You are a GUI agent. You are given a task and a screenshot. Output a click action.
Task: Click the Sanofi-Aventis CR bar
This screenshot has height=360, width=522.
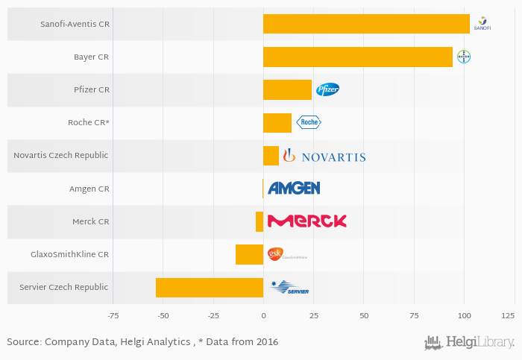(366, 24)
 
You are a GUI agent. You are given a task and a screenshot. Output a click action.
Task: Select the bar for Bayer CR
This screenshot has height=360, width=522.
(358, 57)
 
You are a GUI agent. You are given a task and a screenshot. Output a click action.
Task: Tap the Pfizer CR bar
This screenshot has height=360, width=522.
(287, 90)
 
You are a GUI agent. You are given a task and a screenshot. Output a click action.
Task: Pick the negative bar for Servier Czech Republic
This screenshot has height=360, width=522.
(210, 288)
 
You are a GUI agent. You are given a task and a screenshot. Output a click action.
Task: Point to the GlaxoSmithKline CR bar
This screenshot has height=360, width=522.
(249, 254)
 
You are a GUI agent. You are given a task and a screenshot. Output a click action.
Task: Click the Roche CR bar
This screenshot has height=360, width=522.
(277, 123)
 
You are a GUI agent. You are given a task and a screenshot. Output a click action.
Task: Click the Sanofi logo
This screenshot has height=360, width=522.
(482, 24)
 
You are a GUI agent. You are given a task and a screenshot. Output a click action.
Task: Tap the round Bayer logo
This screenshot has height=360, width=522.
(464, 57)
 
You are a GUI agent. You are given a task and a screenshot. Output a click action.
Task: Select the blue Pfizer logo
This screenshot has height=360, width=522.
(327, 90)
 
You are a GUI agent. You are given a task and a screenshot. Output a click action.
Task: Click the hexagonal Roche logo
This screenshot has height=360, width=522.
(309, 123)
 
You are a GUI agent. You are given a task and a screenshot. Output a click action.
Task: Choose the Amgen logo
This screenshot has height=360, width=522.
(294, 189)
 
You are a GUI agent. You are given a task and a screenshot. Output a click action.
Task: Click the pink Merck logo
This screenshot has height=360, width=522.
(306, 221)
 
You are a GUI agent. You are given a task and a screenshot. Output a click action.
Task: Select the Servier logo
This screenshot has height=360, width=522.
(289, 288)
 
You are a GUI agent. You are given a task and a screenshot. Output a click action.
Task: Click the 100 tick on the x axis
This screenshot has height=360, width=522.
(464, 316)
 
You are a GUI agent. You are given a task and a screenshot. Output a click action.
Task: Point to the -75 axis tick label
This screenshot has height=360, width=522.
(113, 316)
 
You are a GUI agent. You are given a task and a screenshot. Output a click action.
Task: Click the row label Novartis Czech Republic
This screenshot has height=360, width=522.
(61, 156)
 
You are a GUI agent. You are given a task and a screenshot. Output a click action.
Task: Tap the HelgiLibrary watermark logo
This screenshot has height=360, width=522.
(469, 342)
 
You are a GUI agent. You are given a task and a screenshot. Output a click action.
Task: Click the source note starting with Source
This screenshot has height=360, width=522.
(142, 342)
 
